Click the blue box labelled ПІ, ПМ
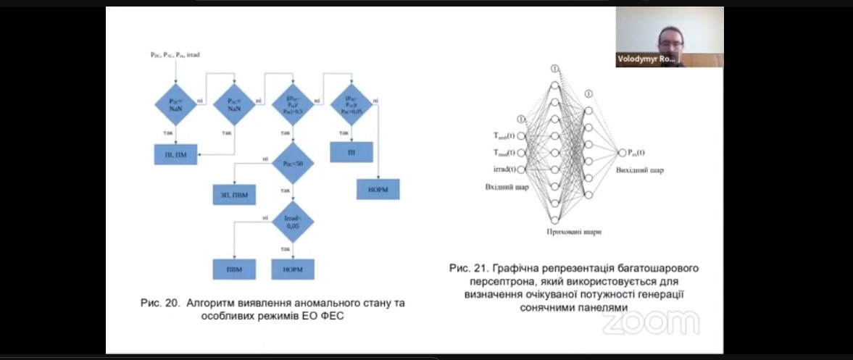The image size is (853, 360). click(x=175, y=154)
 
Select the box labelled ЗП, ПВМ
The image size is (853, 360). click(x=233, y=194)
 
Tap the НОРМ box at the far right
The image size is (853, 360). click(x=378, y=189)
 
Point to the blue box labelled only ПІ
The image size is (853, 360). click(x=351, y=152)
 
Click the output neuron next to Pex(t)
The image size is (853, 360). click(x=621, y=152)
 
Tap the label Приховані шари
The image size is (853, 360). click(x=575, y=232)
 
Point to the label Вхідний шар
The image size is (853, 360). click(x=507, y=187)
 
